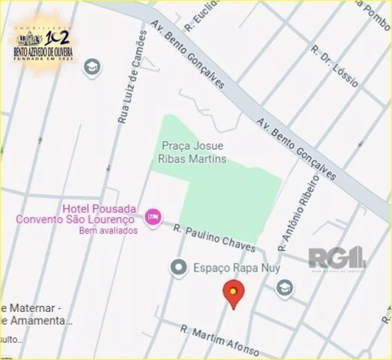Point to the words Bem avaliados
[108, 231]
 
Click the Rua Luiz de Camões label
[132, 78]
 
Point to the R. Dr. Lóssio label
[334, 66]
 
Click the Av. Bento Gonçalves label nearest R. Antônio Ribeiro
[296, 149]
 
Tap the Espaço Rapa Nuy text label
[237, 268]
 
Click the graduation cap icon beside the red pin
[285, 288]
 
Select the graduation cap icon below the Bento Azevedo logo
[92, 67]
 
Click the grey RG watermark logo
[337, 259]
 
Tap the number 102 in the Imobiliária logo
[57, 38]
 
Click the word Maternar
[33, 308]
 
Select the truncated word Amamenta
[38, 321]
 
